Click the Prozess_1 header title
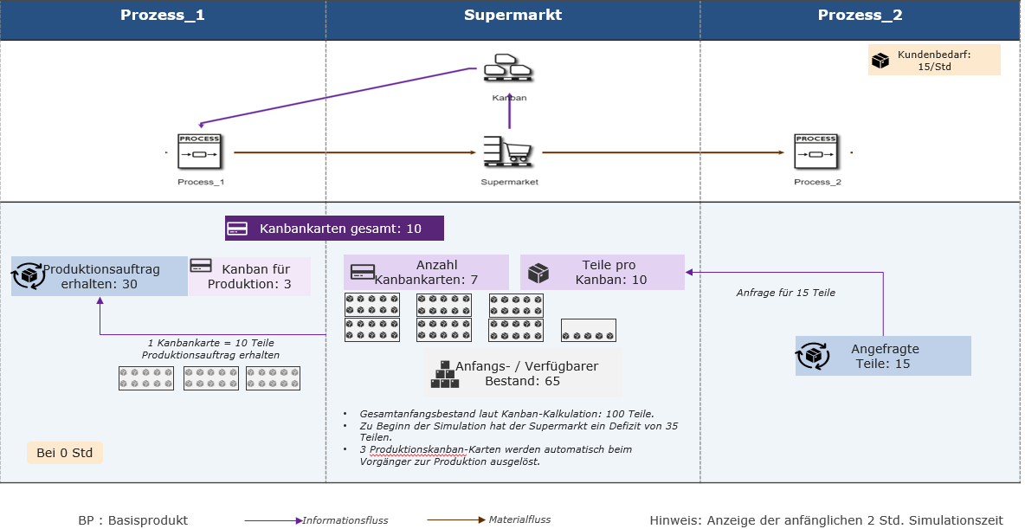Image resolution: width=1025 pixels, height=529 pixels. coord(162,15)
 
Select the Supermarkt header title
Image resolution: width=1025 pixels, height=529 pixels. coord(512,15)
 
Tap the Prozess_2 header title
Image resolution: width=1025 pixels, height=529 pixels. coord(860,15)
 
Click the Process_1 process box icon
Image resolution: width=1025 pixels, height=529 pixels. coord(199,152)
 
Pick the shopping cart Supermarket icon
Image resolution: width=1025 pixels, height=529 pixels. coord(508,152)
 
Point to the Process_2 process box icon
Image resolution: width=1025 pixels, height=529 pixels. coord(815,152)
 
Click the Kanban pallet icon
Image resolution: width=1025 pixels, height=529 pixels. coord(508,68)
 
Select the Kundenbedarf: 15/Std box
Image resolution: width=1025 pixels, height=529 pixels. coord(933,60)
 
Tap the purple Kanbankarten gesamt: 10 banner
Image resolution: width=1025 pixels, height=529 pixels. coord(334,229)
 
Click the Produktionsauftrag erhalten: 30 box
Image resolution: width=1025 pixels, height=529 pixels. coord(100,276)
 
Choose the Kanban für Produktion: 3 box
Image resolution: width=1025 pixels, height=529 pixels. coord(249,276)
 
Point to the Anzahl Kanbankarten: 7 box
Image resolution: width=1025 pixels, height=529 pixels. coord(426,272)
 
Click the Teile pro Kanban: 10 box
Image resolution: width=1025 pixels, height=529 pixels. coord(602,272)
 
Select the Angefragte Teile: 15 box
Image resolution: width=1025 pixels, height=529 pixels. coord(882,356)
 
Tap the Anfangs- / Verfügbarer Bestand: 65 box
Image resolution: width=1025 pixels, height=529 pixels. coord(523,373)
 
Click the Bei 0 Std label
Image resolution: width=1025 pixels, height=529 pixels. coord(65,453)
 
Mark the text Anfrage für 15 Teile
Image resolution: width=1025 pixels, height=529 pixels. coord(786,293)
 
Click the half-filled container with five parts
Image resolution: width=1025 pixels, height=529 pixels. coord(589,330)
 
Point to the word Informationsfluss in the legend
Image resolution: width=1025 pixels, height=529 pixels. coord(345,520)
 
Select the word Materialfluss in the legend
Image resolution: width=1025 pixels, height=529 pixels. coord(519,519)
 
